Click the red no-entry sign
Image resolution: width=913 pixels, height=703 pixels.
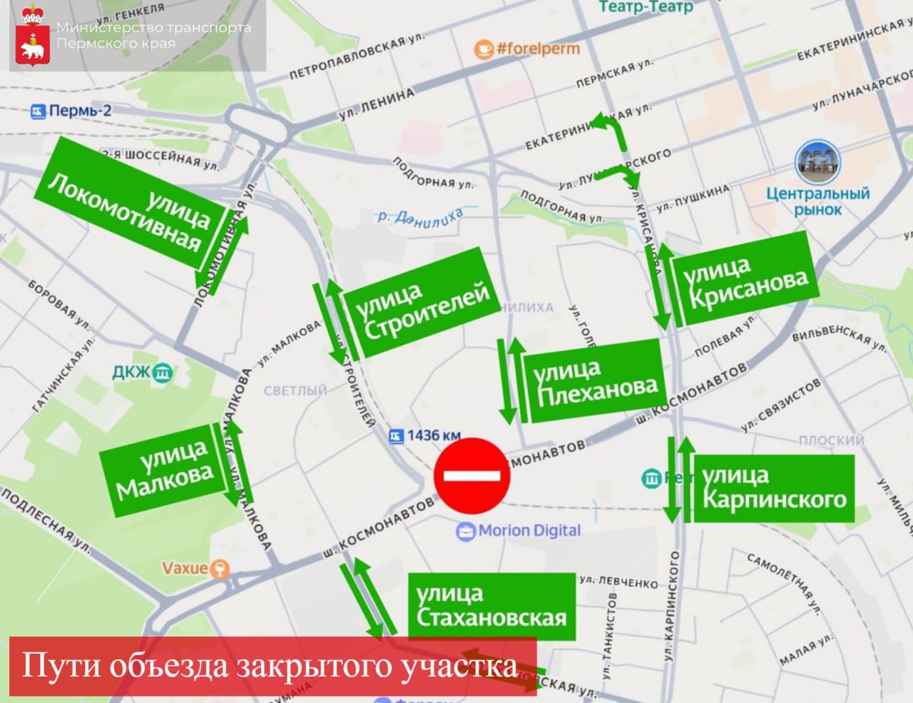point(472,475)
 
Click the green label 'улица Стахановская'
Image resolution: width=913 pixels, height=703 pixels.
point(491,605)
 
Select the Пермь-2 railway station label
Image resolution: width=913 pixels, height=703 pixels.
point(71,111)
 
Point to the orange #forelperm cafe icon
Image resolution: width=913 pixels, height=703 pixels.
point(484,49)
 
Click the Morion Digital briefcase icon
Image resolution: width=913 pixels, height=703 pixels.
point(466,531)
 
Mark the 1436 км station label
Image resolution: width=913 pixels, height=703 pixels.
point(425,435)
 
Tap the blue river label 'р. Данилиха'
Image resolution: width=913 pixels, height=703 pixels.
point(420,218)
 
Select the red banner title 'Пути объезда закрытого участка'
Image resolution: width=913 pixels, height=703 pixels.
point(271,665)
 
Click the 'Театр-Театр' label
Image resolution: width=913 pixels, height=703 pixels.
point(646,7)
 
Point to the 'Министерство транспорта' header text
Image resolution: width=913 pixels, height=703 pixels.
point(153,28)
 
